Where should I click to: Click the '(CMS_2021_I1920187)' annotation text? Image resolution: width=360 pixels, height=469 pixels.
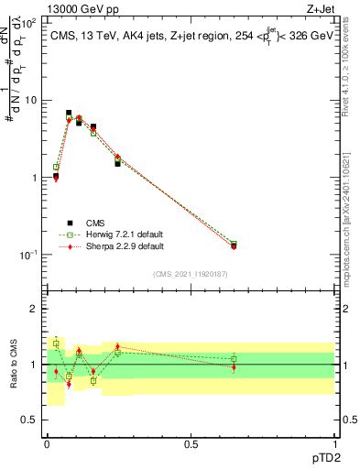[x=190, y=273]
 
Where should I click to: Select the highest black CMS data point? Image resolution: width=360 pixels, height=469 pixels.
[x=69, y=113]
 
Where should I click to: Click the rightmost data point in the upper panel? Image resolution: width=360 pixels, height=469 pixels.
[x=234, y=245]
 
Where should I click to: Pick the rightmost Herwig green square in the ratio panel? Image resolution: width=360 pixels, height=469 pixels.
[x=234, y=359]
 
